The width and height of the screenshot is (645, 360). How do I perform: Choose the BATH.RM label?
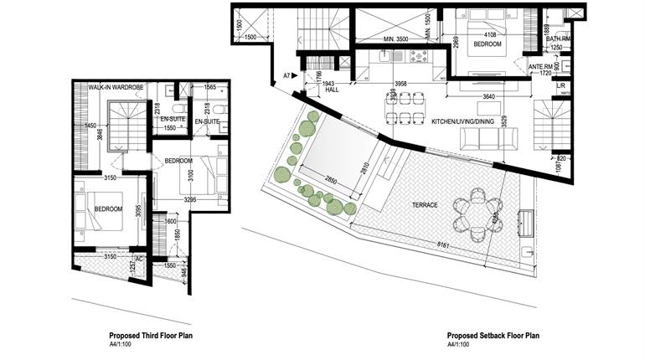[x=559, y=39]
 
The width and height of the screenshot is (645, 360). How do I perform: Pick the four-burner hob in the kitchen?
[x=416, y=57]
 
